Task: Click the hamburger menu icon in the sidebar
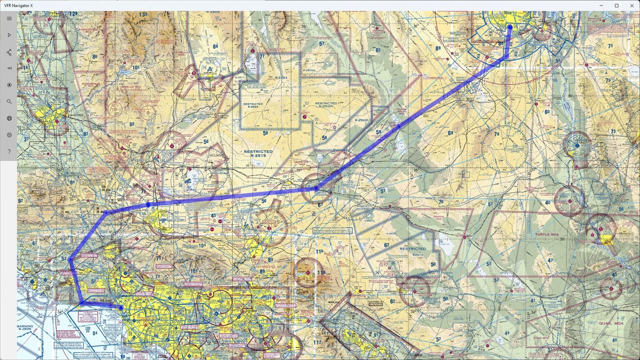(9, 19)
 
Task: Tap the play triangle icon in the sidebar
(9, 35)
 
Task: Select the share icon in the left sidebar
(9, 52)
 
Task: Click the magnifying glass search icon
(9, 102)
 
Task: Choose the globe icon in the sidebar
(9, 118)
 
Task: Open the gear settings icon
(9, 135)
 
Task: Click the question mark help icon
(9, 152)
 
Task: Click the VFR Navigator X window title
(19, 5)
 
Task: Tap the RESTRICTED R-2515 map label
(258, 154)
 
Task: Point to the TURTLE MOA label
(547, 234)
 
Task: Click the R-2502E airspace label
(361, 120)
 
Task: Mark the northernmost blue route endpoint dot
(510, 27)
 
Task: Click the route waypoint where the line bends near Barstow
(316, 188)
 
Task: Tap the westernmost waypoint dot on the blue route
(71, 259)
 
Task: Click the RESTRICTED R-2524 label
(253, 106)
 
